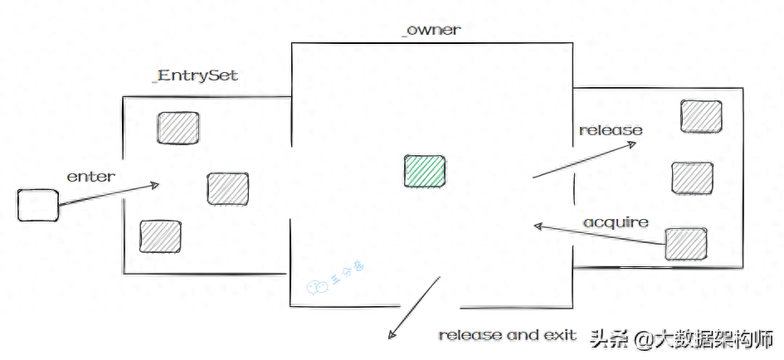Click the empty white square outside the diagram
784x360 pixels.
tap(38, 205)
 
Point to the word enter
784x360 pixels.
tap(91, 176)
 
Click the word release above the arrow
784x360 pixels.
tap(611, 130)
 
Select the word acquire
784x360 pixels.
tap(616, 222)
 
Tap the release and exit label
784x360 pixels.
tap(507, 335)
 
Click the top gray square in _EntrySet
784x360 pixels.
tap(178, 127)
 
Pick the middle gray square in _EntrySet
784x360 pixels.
tap(228, 188)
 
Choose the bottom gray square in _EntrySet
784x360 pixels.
tap(160, 236)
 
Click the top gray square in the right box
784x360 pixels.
tap(701, 115)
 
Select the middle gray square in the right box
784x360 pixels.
tap(692, 178)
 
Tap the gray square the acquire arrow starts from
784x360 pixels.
tap(686, 242)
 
